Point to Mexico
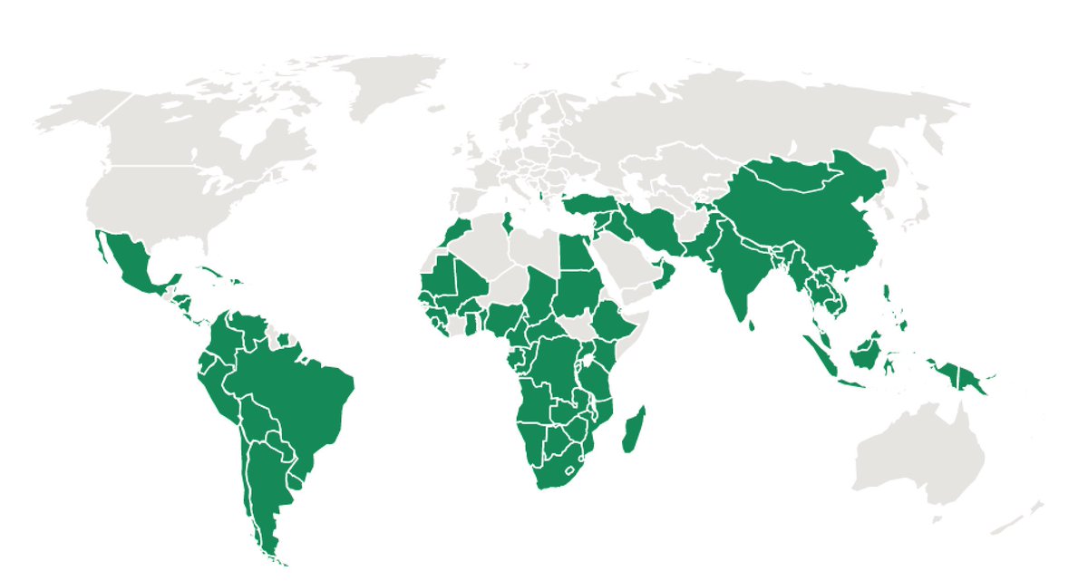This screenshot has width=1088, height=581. click(x=131, y=263)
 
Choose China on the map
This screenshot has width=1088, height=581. click(x=816, y=218)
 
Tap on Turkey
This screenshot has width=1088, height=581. click(x=589, y=204)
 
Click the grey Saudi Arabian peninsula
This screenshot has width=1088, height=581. click(x=626, y=263)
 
